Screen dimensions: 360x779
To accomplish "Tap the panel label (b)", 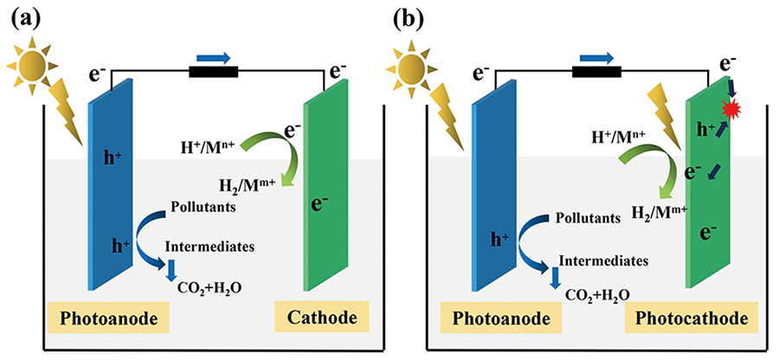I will [412, 16].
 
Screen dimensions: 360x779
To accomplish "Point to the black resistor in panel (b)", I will [597, 73].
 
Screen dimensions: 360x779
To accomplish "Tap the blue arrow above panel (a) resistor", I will [217, 57].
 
